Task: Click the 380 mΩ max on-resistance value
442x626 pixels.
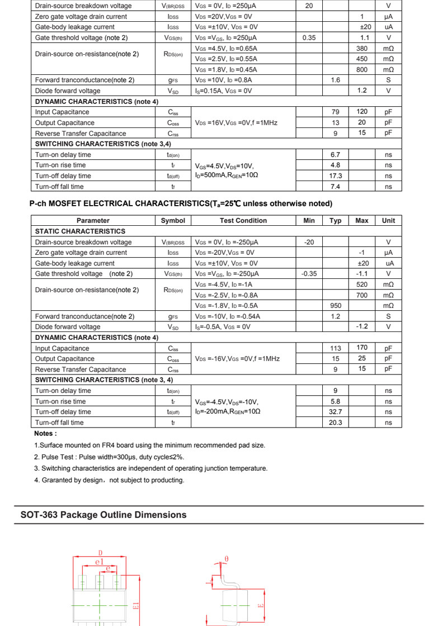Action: (361, 49)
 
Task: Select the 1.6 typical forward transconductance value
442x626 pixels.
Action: (335, 80)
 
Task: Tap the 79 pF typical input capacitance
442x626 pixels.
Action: (335, 112)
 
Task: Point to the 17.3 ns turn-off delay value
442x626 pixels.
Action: (336, 176)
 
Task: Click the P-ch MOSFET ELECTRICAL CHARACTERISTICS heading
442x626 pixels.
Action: (181, 203)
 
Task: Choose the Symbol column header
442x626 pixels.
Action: (173, 221)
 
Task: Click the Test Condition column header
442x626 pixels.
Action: (243, 221)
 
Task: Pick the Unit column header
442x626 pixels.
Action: (388, 221)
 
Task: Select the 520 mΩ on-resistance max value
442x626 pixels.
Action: (361, 284)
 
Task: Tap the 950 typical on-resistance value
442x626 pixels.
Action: (335, 306)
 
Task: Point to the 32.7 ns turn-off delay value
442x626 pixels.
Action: (336, 412)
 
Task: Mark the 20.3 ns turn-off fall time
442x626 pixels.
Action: (336, 423)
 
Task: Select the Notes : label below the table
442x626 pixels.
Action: (46, 434)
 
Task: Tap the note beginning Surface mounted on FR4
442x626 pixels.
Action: (149, 445)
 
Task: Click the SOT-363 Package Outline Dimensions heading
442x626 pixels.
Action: (104, 515)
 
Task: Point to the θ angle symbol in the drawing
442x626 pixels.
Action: (226, 559)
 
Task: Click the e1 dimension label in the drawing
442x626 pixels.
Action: (100, 561)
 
